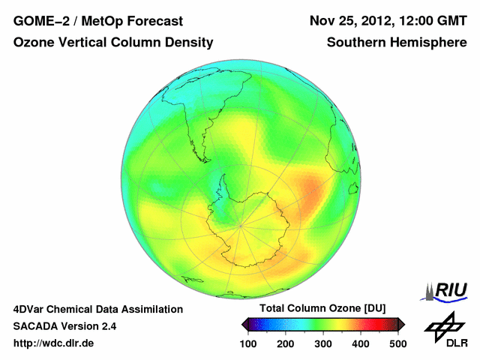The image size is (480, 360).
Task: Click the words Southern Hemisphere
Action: click(397, 43)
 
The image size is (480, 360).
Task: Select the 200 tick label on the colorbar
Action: click(286, 343)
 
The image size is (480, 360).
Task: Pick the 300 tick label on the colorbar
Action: click(323, 343)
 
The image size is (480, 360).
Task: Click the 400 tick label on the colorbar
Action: click(361, 343)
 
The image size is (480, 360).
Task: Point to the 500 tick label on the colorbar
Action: click(397, 343)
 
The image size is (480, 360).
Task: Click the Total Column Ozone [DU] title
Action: click(322, 309)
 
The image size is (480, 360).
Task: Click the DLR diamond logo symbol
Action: click(445, 325)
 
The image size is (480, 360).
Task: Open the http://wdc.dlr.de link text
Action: click(53, 343)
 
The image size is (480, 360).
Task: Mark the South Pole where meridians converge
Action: click(241, 225)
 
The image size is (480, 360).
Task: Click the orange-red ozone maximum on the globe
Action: click(313, 196)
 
